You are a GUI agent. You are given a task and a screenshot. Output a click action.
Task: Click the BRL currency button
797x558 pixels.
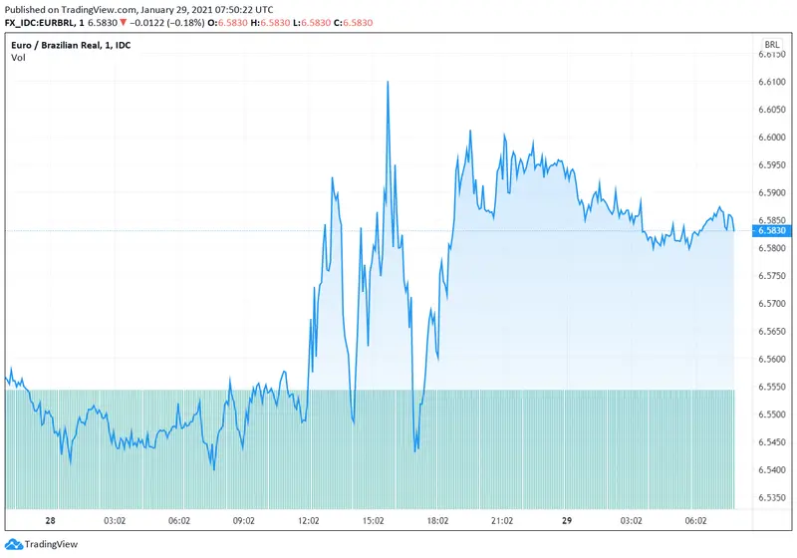[x=771, y=46]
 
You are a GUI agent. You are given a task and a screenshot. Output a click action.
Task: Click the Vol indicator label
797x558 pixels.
[x=18, y=58]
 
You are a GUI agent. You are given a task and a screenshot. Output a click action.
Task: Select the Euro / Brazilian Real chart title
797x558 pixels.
[x=64, y=46]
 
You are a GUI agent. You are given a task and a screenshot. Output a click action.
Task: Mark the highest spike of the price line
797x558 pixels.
[x=387, y=83]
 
